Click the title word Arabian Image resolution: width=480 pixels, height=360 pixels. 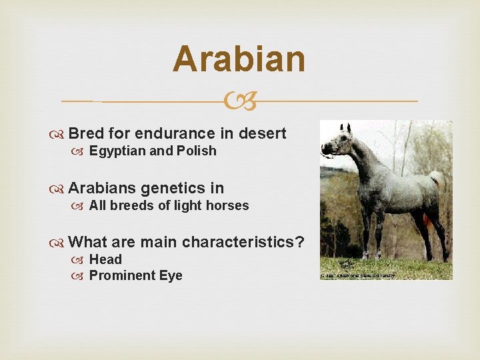[239, 59]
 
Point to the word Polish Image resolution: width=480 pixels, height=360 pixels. [197, 151]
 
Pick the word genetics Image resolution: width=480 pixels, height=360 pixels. [173, 188]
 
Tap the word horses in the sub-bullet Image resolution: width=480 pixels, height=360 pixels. [227, 205]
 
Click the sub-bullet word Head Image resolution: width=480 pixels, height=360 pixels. [105, 259]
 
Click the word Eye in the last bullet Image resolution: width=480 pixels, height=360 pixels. [170, 275]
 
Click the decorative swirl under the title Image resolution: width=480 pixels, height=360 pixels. [239, 102]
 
